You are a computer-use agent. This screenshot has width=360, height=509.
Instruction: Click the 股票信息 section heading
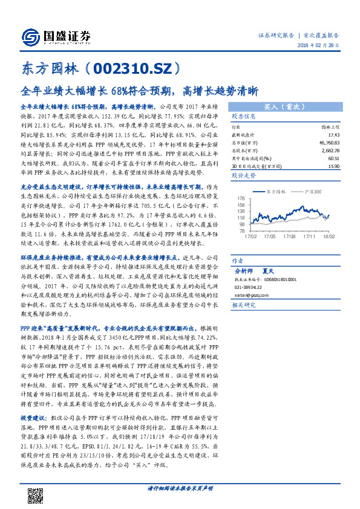coord(244,116)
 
